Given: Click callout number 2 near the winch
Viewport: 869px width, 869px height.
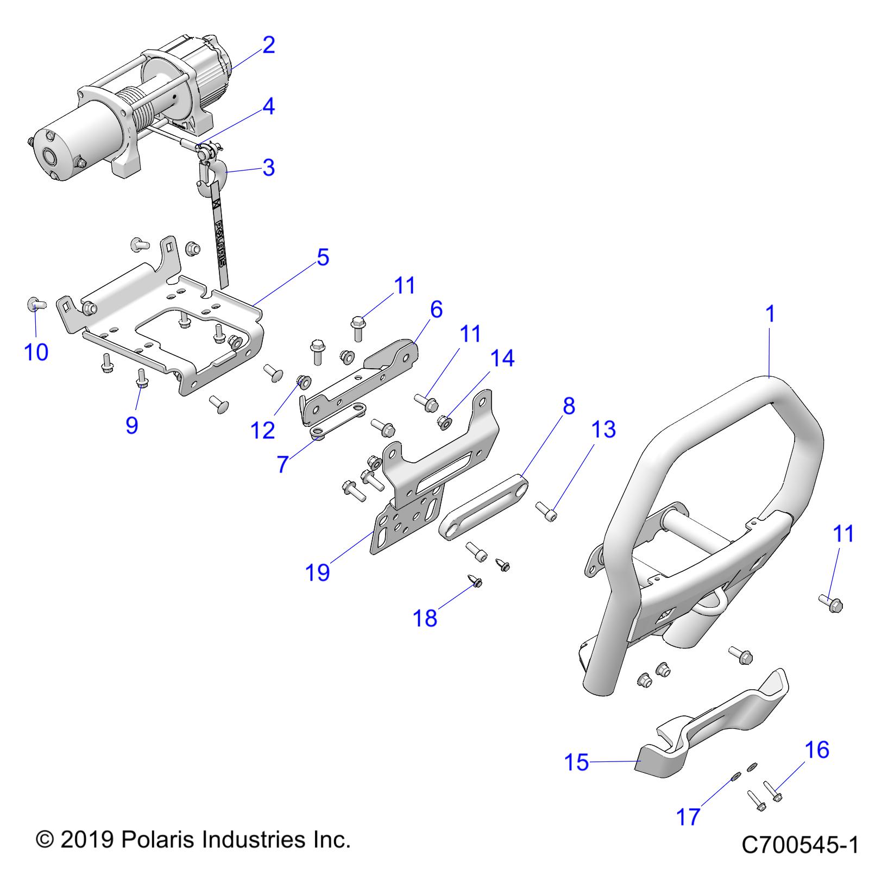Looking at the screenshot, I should point(268,45).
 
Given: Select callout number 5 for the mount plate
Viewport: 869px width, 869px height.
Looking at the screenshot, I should point(323,257).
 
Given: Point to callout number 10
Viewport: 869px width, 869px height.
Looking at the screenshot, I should point(36,352).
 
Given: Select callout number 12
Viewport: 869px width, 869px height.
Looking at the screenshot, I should point(263,430).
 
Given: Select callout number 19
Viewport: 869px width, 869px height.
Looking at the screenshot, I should point(318,572).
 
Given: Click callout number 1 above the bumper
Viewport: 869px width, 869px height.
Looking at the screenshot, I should point(770,314).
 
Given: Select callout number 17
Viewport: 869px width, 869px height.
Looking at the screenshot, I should point(688,816).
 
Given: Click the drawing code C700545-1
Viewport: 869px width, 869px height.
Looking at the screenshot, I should point(799,845).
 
